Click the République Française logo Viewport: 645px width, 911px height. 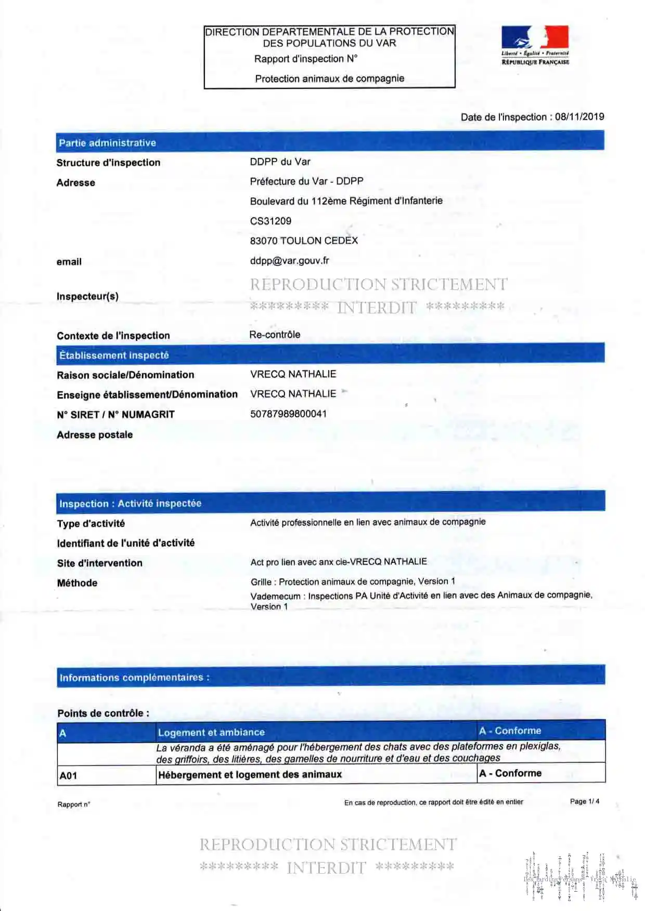(x=535, y=45)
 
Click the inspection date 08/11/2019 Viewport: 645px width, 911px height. (x=579, y=117)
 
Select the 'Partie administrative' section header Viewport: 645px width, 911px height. (x=107, y=143)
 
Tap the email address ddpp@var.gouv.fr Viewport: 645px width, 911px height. (x=289, y=261)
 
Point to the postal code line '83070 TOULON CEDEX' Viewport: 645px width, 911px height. (x=304, y=241)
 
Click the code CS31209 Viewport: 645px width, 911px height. (x=270, y=221)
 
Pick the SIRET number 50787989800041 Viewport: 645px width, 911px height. (x=288, y=414)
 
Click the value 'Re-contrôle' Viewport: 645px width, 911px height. (x=275, y=335)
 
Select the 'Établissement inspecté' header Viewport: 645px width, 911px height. (x=114, y=355)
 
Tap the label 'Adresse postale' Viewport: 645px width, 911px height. (x=95, y=435)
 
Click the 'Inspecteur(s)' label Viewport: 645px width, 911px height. (x=87, y=297)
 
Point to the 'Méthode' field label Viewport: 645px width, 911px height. (x=77, y=583)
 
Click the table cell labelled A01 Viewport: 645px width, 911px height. (x=68, y=776)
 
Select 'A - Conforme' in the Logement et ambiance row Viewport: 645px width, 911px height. (x=510, y=731)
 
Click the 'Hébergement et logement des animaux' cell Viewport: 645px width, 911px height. (x=250, y=775)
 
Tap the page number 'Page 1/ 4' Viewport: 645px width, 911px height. (x=584, y=801)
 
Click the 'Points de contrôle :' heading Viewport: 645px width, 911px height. (x=103, y=714)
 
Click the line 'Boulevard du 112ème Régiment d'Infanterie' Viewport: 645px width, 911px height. (x=346, y=201)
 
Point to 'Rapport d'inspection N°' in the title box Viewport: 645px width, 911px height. (x=306, y=59)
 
